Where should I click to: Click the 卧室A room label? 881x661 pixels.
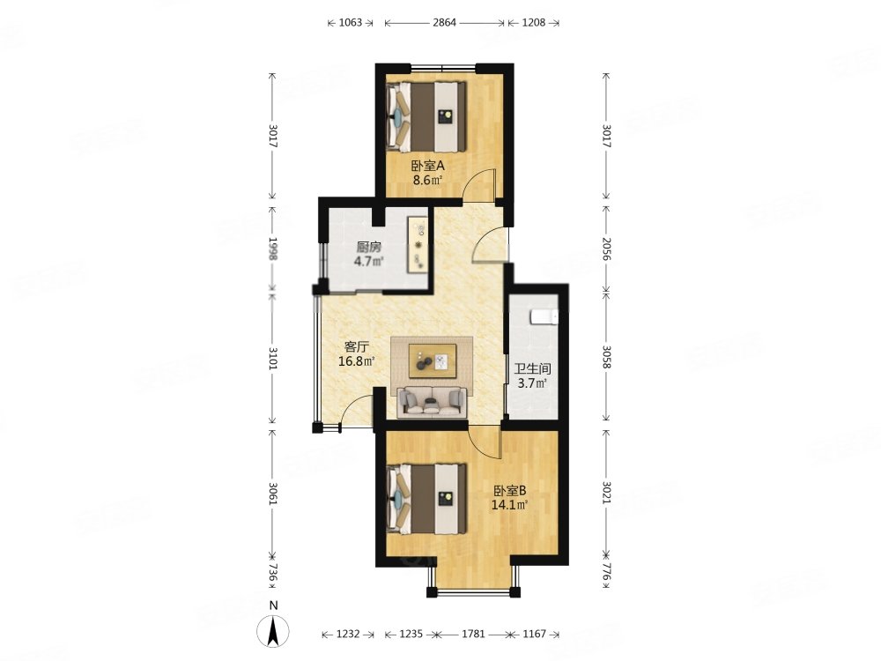click(427, 166)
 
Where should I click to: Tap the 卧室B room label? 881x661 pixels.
click(509, 490)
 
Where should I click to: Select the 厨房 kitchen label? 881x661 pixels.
click(369, 247)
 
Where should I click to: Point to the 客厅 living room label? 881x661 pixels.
click(356, 346)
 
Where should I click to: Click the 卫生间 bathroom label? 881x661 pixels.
click(533, 369)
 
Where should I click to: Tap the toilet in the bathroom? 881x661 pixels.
click(544, 316)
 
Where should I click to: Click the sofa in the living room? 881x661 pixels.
click(432, 403)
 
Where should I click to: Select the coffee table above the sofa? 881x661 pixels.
click(432, 360)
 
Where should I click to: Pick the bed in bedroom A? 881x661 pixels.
click(426, 116)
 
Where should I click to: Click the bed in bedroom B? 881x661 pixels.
click(426, 499)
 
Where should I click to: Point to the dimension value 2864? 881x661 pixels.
click(444, 23)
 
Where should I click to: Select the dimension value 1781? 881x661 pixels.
click(473, 634)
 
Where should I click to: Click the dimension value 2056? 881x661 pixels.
click(606, 248)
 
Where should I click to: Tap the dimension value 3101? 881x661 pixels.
click(273, 358)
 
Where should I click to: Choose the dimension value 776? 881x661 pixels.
click(606, 573)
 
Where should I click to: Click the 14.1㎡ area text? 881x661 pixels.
click(509, 505)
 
